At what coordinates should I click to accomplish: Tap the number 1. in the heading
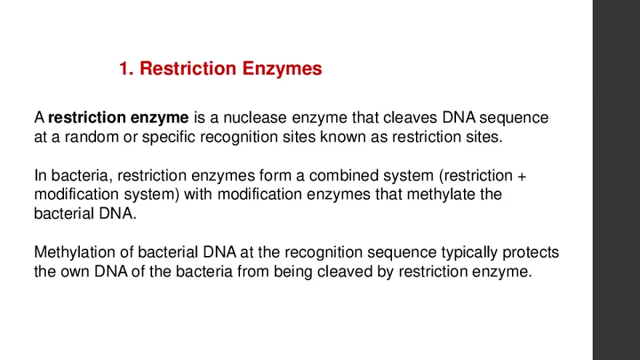pyautogui.click(x=127, y=69)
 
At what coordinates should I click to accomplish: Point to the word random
pyautogui.click(x=91, y=137)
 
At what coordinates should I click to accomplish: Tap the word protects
pyautogui.click(x=530, y=253)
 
